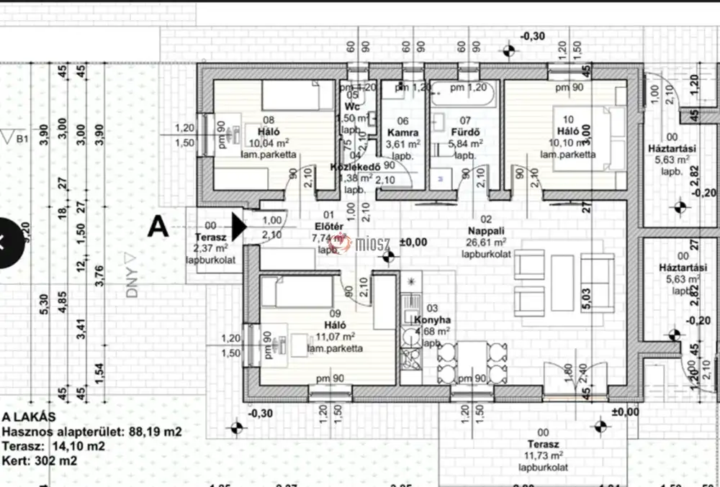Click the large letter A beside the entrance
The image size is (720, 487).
[158, 227]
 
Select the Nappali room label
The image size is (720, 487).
[485, 231]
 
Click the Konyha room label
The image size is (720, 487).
[432, 320]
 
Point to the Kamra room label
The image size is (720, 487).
[403, 133]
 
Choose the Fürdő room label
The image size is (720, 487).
[465, 133]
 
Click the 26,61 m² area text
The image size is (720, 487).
[485, 242]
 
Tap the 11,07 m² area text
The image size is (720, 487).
[335, 337]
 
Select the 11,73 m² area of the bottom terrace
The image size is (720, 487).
[543, 455]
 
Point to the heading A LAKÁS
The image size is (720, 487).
[29, 416]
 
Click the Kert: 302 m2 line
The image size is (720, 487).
[40, 460]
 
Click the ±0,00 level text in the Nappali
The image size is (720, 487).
[413, 242]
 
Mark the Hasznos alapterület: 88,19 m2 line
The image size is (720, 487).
[91, 432]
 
